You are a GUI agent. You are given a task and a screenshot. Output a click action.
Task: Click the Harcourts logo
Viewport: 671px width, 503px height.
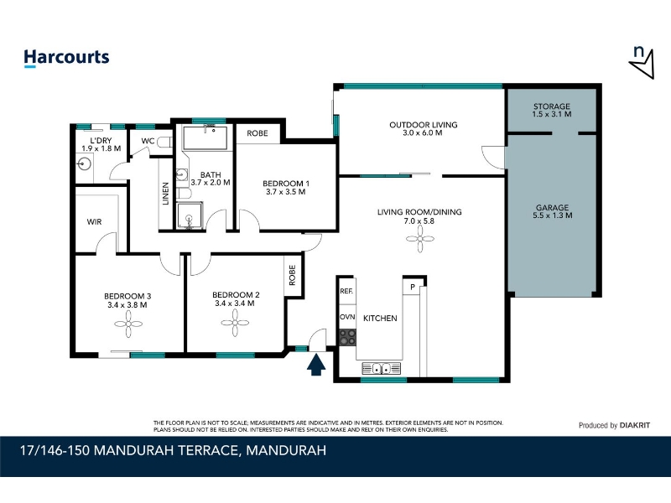coord(66,58)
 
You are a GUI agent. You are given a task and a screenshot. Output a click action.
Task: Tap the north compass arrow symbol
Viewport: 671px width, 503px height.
coord(642,65)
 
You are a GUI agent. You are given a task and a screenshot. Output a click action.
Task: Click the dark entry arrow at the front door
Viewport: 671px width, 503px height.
coord(316,366)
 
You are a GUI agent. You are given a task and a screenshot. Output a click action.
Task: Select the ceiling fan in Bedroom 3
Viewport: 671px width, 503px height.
coord(128,324)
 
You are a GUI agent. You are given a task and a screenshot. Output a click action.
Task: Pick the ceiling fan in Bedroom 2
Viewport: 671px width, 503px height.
coord(235,323)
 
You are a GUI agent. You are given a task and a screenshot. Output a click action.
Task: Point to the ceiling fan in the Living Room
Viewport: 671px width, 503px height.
coord(420,239)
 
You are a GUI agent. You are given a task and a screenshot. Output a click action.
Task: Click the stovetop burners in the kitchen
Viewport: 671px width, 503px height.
coord(347,338)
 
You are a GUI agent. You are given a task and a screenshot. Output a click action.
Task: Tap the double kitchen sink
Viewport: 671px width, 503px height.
coord(382,368)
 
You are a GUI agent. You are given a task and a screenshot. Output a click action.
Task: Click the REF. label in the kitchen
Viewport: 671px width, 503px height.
coord(346,291)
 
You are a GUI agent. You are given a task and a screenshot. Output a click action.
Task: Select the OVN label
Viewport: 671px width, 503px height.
coord(347,317)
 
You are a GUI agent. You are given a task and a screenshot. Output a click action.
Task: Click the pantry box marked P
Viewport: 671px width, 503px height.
coord(413,287)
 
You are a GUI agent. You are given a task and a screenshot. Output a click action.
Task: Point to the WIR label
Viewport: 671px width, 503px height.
coord(94,222)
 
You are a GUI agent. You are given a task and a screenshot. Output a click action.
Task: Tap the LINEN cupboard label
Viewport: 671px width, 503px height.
coord(166,194)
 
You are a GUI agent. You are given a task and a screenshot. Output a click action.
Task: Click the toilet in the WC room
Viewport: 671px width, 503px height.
coord(164,142)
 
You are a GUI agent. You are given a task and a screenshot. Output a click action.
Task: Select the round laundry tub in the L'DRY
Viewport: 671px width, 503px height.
coord(85,163)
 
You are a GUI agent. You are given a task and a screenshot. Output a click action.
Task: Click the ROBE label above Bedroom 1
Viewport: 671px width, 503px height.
coord(257,133)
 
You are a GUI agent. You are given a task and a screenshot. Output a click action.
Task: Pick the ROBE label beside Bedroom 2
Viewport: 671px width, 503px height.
coord(292,275)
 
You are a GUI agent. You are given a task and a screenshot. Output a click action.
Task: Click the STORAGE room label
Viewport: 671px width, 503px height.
coord(552,106)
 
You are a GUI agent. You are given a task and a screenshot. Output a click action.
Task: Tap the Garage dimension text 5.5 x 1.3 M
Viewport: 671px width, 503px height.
coord(552,215)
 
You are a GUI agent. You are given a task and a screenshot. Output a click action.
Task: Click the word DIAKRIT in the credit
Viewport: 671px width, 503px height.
coord(635,425)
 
